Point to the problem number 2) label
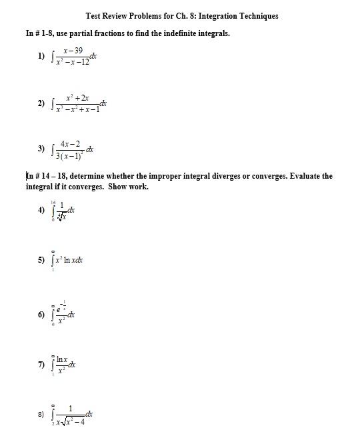(x=42, y=103)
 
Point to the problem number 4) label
(x=42, y=209)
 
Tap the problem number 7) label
(x=42, y=365)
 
